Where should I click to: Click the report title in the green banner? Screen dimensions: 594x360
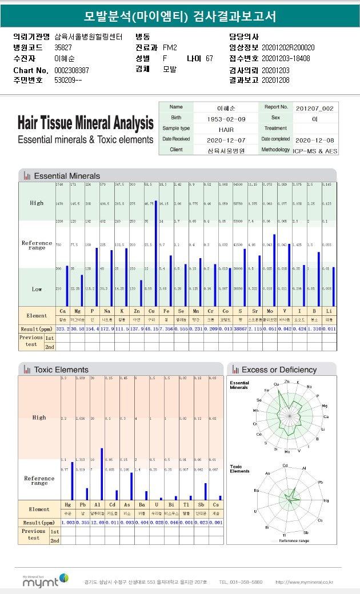(x=180, y=17)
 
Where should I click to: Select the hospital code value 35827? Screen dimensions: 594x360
(x=63, y=47)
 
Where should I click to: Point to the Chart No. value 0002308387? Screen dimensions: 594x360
(x=71, y=70)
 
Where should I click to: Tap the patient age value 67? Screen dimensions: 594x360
(x=209, y=58)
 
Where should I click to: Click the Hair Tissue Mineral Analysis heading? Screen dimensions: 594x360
(x=86, y=123)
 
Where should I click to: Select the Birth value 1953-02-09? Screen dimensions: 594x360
(x=226, y=118)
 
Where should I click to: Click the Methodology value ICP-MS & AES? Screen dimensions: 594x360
(x=315, y=150)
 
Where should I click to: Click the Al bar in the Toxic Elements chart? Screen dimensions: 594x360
(x=102, y=474)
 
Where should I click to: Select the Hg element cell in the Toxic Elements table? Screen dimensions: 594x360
(x=68, y=505)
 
